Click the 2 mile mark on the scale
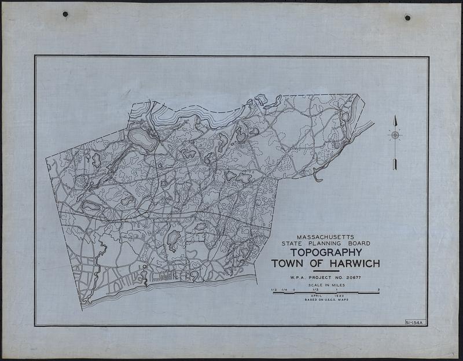[x=379, y=289]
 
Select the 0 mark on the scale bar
[x=294, y=289]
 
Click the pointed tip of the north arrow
[x=395, y=119]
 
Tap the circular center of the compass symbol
[x=395, y=135]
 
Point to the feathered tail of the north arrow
[x=395, y=165]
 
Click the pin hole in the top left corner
[x=65, y=14]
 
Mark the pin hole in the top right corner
[x=407, y=18]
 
